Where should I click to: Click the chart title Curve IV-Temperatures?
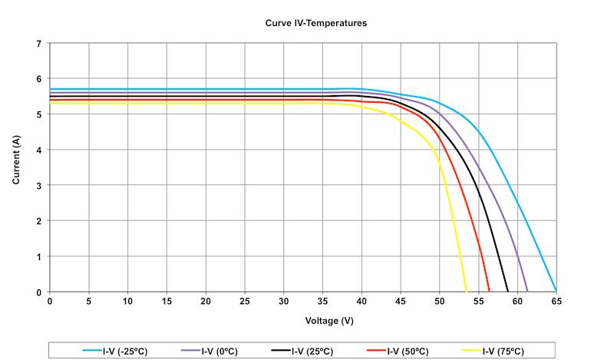point(316,23)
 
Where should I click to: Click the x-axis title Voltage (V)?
point(329,321)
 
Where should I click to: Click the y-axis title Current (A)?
point(16,160)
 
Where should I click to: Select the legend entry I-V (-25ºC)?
point(115,351)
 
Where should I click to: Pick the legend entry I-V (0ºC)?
point(210,351)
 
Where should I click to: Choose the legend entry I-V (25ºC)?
point(302,351)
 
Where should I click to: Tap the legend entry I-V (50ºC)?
point(398,351)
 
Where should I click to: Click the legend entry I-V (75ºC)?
point(493,351)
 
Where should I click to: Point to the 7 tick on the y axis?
point(39,44)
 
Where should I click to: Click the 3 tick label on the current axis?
point(39,185)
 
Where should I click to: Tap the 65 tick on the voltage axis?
point(556,301)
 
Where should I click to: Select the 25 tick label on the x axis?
point(245,301)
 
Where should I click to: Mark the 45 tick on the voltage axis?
point(401,301)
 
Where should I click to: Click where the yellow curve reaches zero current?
point(467,292)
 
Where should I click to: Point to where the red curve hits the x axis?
point(489,292)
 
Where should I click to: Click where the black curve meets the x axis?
point(508,292)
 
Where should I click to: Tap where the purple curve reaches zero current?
point(527,292)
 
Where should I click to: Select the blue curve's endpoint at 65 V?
point(556,291)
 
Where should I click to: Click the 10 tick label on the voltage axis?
point(127,301)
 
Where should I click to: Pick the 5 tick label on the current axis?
point(39,114)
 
